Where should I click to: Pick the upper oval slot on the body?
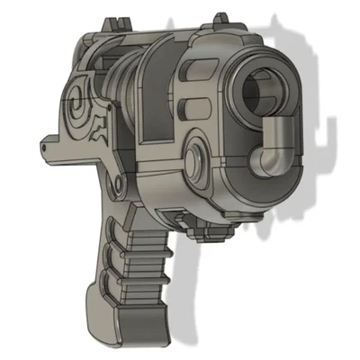pos(190,83)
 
